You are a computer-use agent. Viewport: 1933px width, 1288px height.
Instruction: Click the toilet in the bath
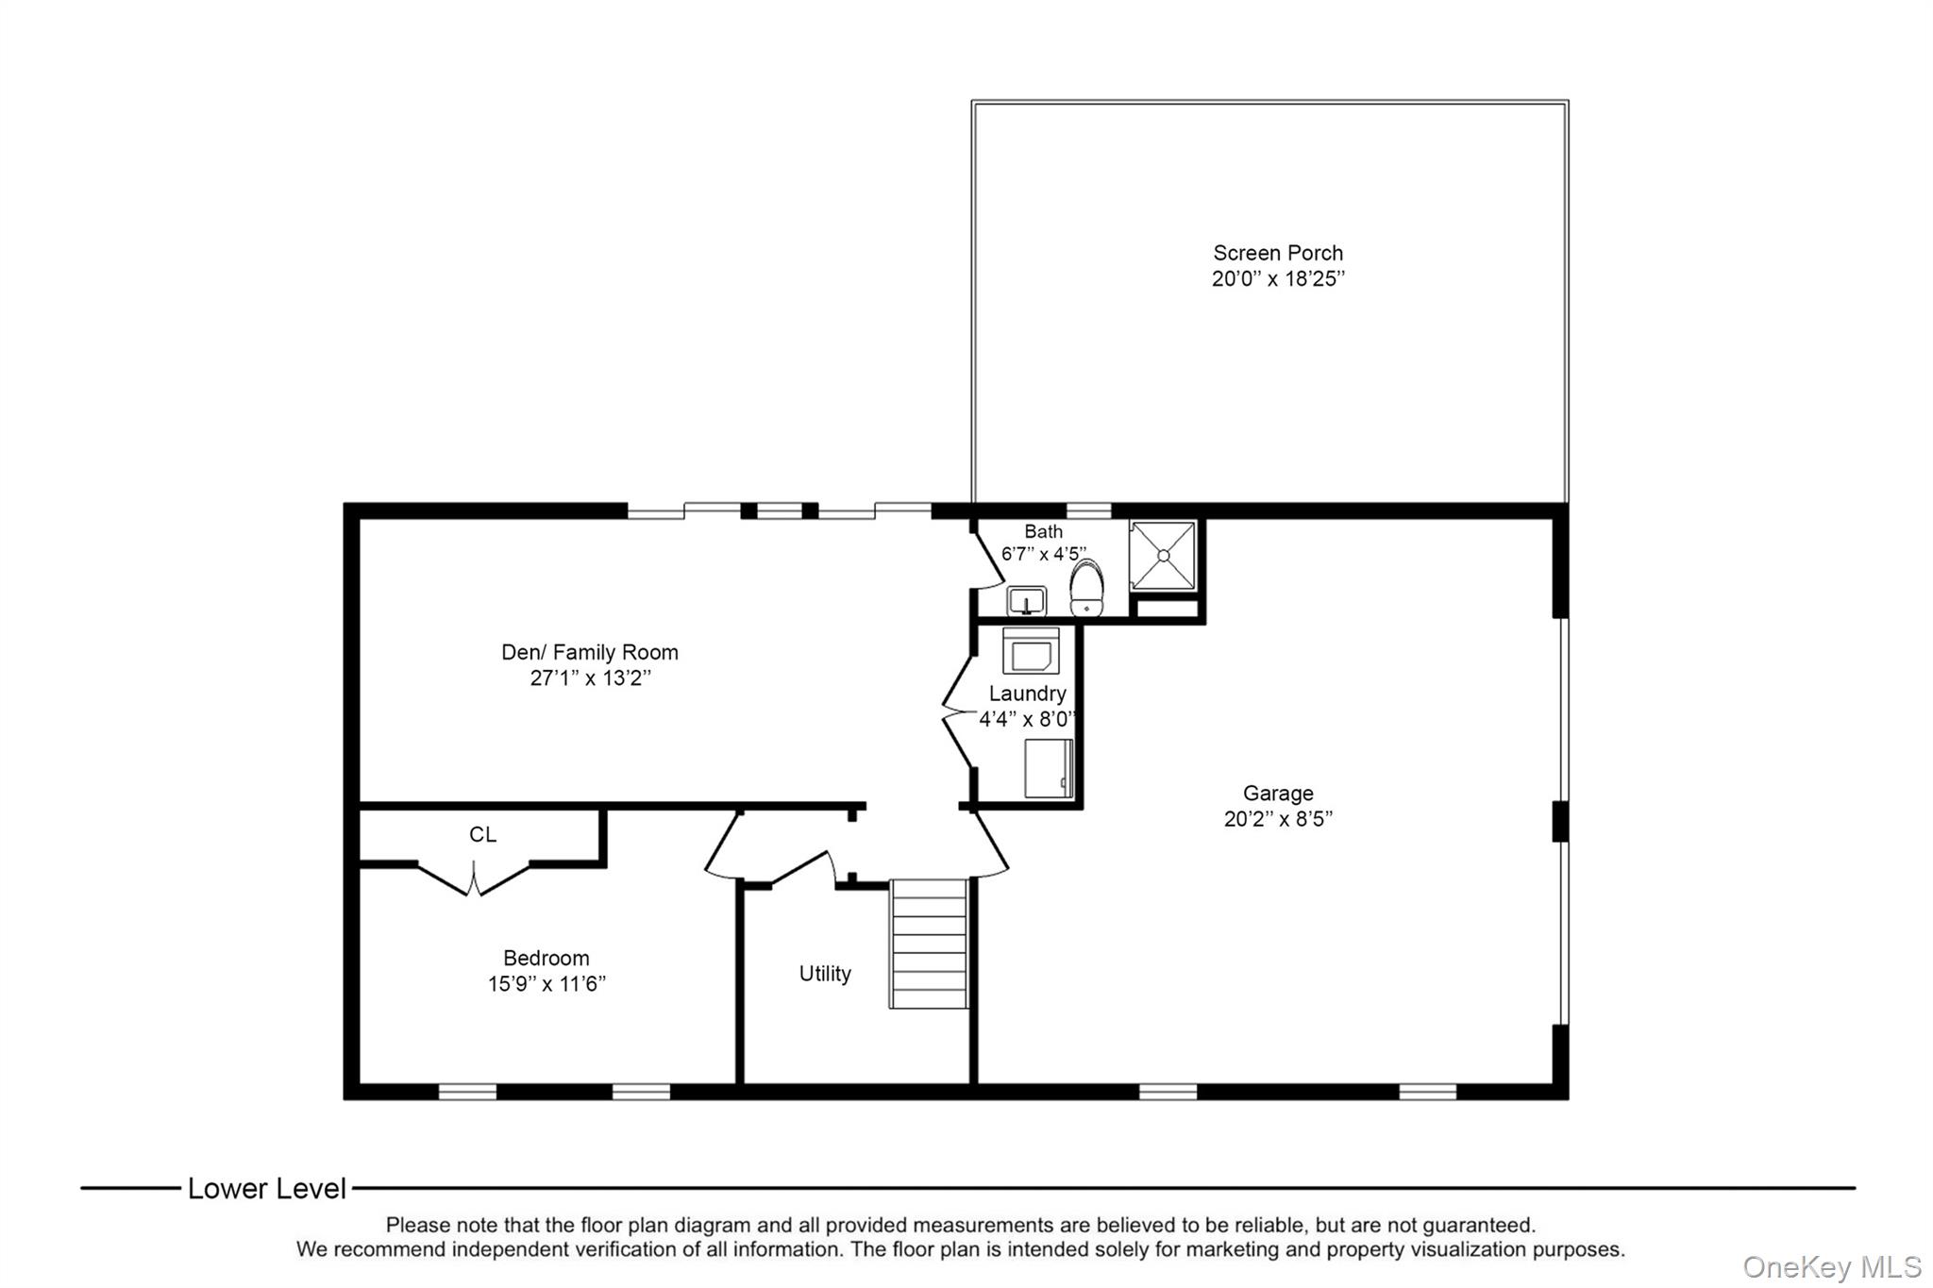[1086, 588]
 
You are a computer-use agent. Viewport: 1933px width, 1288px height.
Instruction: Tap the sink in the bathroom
[1026, 600]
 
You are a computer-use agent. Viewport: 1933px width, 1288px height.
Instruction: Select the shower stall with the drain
[1164, 556]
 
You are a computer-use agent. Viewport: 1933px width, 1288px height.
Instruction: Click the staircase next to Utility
[929, 944]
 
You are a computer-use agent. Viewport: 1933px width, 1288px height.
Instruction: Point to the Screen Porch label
[1278, 253]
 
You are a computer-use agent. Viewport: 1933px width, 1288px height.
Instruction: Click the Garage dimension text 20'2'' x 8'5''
[1278, 819]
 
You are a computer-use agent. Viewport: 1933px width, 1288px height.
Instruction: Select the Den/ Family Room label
[590, 652]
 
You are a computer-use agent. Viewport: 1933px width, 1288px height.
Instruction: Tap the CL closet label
[482, 834]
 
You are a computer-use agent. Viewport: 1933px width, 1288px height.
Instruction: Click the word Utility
[825, 974]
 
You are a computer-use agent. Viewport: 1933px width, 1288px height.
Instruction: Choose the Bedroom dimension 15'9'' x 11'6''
[546, 984]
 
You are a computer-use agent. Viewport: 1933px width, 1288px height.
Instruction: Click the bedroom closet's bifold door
[474, 878]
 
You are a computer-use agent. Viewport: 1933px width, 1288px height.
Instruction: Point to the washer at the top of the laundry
[1030, 650]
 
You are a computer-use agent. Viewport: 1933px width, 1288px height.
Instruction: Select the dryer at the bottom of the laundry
[1049, 768]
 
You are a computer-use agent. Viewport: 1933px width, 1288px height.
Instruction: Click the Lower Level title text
[267, 1189]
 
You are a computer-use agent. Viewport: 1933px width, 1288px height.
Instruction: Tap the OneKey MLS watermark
[1832, 1266]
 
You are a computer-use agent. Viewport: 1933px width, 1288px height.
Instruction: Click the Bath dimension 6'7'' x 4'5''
[1044, 554]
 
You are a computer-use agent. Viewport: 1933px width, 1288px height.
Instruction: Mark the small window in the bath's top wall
[1088, 510]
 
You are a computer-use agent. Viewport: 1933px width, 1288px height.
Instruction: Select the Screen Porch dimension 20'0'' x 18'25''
[1278, 278]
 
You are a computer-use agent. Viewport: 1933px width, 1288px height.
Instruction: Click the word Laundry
[1028, 694]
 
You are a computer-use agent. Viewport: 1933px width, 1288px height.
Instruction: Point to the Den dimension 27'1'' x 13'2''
[590, 677]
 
